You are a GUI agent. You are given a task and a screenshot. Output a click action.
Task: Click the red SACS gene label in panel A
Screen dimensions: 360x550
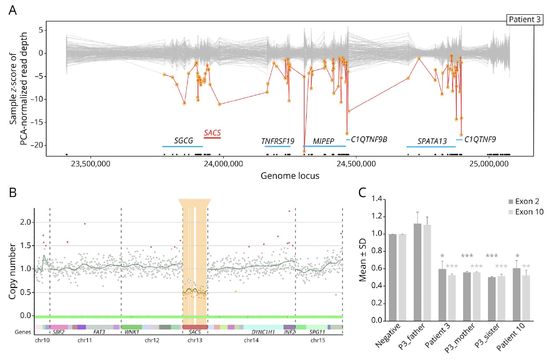(x=212, y=133)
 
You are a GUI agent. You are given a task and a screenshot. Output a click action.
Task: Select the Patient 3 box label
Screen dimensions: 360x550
(x=524, y=19)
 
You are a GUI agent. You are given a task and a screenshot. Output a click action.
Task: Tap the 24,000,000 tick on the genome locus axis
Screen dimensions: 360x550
(x=223, y=164)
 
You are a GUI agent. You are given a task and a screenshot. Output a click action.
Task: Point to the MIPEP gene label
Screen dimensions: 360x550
(x=323, y=141)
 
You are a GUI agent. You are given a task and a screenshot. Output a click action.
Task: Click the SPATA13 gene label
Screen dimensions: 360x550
(x=432, y=141)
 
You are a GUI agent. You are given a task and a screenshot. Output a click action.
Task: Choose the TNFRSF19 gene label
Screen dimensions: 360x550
(x=278, y=141)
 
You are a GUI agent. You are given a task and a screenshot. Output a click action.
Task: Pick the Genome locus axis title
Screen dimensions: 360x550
(x=290, y=176)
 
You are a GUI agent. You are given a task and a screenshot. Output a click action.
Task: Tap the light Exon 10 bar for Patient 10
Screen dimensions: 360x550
(x=526, y=298)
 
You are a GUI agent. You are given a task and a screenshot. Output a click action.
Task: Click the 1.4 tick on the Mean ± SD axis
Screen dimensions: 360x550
(x=376, y=199)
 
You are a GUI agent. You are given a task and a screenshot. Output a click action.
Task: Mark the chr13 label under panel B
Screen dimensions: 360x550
(x=195, y=340)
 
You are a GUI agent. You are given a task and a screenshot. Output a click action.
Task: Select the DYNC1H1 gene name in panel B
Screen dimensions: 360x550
(x=263, y=332)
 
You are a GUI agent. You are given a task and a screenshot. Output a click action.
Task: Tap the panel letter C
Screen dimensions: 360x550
(x=363, y=193)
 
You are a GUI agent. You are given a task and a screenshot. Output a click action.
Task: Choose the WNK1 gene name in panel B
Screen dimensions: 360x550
(x=132, y=332)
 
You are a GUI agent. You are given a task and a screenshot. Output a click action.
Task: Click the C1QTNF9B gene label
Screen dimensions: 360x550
(x=369, y=140)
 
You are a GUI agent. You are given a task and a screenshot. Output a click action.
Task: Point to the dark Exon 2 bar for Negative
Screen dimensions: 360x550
(x=392, y=277)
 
